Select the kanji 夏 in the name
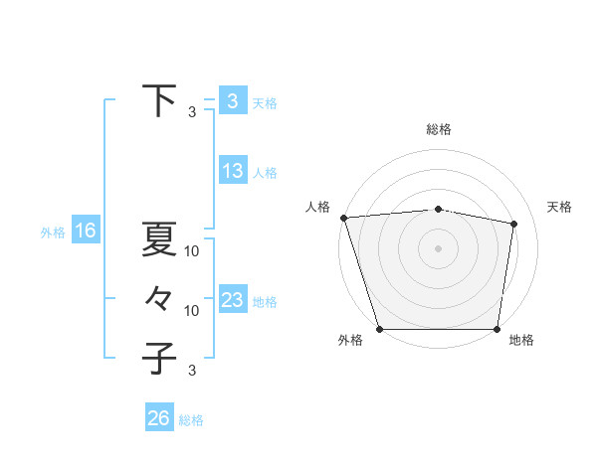[x=159, y=239]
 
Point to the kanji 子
[x=159, y=357]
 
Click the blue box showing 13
[x=232, y=171]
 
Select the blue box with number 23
[x=232, y=300]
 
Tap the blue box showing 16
[x=85, y=232]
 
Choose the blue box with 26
[x=158, y=418]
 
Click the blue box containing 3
[x=232, y=100]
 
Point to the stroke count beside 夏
[x=192, y=251]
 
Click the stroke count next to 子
[x=192, y=371]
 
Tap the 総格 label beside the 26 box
[x=191, y=420]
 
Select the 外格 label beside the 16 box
[x=53, y=233]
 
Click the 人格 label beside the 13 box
[x=265, y=173]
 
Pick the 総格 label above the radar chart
[x=439, y=129]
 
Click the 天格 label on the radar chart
[x=560, y=207]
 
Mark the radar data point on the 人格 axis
[x=343, y=218]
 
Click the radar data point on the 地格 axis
[x=497, y=329]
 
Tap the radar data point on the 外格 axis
[x=379, y=329]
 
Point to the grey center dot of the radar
[x=439, y=247]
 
